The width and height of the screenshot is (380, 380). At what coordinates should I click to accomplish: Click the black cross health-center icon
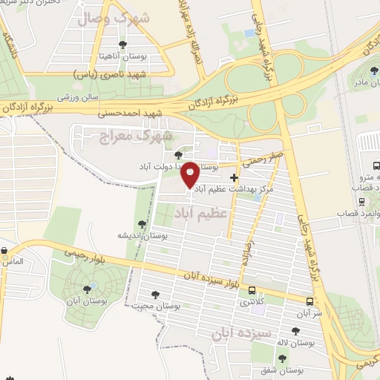tap(235, 177)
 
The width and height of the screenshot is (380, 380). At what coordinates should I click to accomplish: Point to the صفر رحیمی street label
tap(261, 157)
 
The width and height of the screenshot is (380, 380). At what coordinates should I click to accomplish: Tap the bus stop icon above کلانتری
tap(252, 291)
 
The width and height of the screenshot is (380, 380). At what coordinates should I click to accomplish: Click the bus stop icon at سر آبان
tap(309, 301)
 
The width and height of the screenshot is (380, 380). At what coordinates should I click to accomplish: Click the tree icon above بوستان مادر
tap(372, 71)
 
